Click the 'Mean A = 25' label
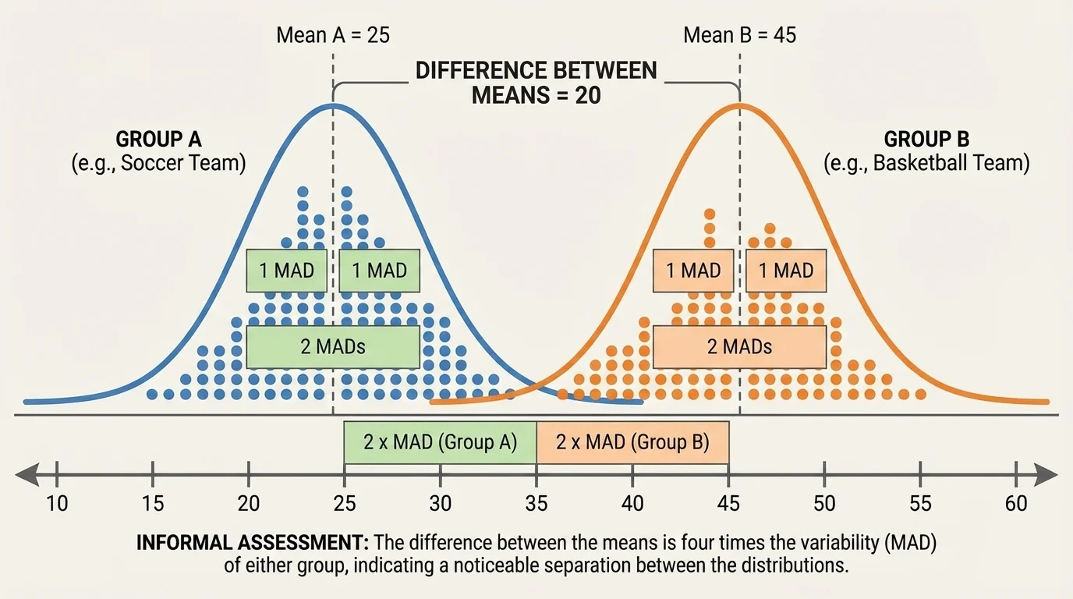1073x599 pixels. [333, 35]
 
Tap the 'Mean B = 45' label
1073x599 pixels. [739, 35]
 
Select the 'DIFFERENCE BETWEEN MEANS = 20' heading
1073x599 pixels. [536, 83]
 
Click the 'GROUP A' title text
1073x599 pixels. [158, 140]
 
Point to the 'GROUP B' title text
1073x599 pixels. [926, 140]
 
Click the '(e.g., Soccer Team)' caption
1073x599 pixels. [158, 164]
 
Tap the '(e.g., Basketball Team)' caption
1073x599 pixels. [926, 164]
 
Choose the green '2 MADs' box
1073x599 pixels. [333, 346]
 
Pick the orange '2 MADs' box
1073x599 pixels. [739, 346]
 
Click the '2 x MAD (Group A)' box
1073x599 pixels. [440, 442]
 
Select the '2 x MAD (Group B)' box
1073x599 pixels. [632, 442]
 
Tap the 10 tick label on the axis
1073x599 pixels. [57, 504]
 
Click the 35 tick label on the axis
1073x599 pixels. [536, 504]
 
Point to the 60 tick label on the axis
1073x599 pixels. [1016, 504]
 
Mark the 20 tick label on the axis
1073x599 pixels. [248, 504]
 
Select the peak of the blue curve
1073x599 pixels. [333, 105]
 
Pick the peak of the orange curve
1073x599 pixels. [739, 105]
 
